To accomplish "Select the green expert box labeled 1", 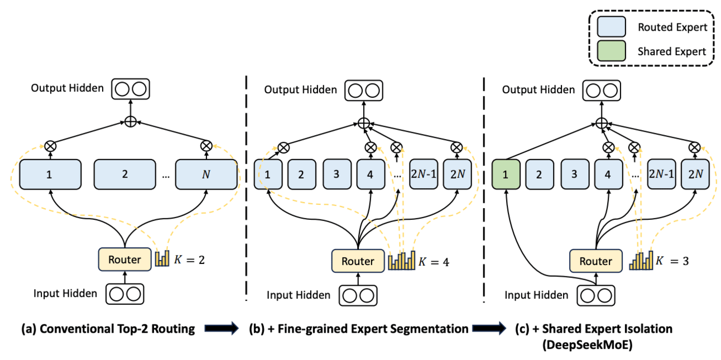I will coord(506,174).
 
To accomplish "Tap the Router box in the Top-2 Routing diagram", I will coord(125,260).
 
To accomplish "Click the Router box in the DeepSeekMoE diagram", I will coord(595,261).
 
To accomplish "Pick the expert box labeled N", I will coord(206,174).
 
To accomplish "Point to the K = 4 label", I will coord(435,261).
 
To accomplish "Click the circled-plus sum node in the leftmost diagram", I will coord(130,122).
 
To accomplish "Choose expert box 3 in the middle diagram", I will coord(337,174).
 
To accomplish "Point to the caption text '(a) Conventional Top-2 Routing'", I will coord(108,329).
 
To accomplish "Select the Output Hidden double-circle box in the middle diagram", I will coord(363,90).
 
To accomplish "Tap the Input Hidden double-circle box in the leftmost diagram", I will coord(125,294).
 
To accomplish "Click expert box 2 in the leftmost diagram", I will coord(124,174).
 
